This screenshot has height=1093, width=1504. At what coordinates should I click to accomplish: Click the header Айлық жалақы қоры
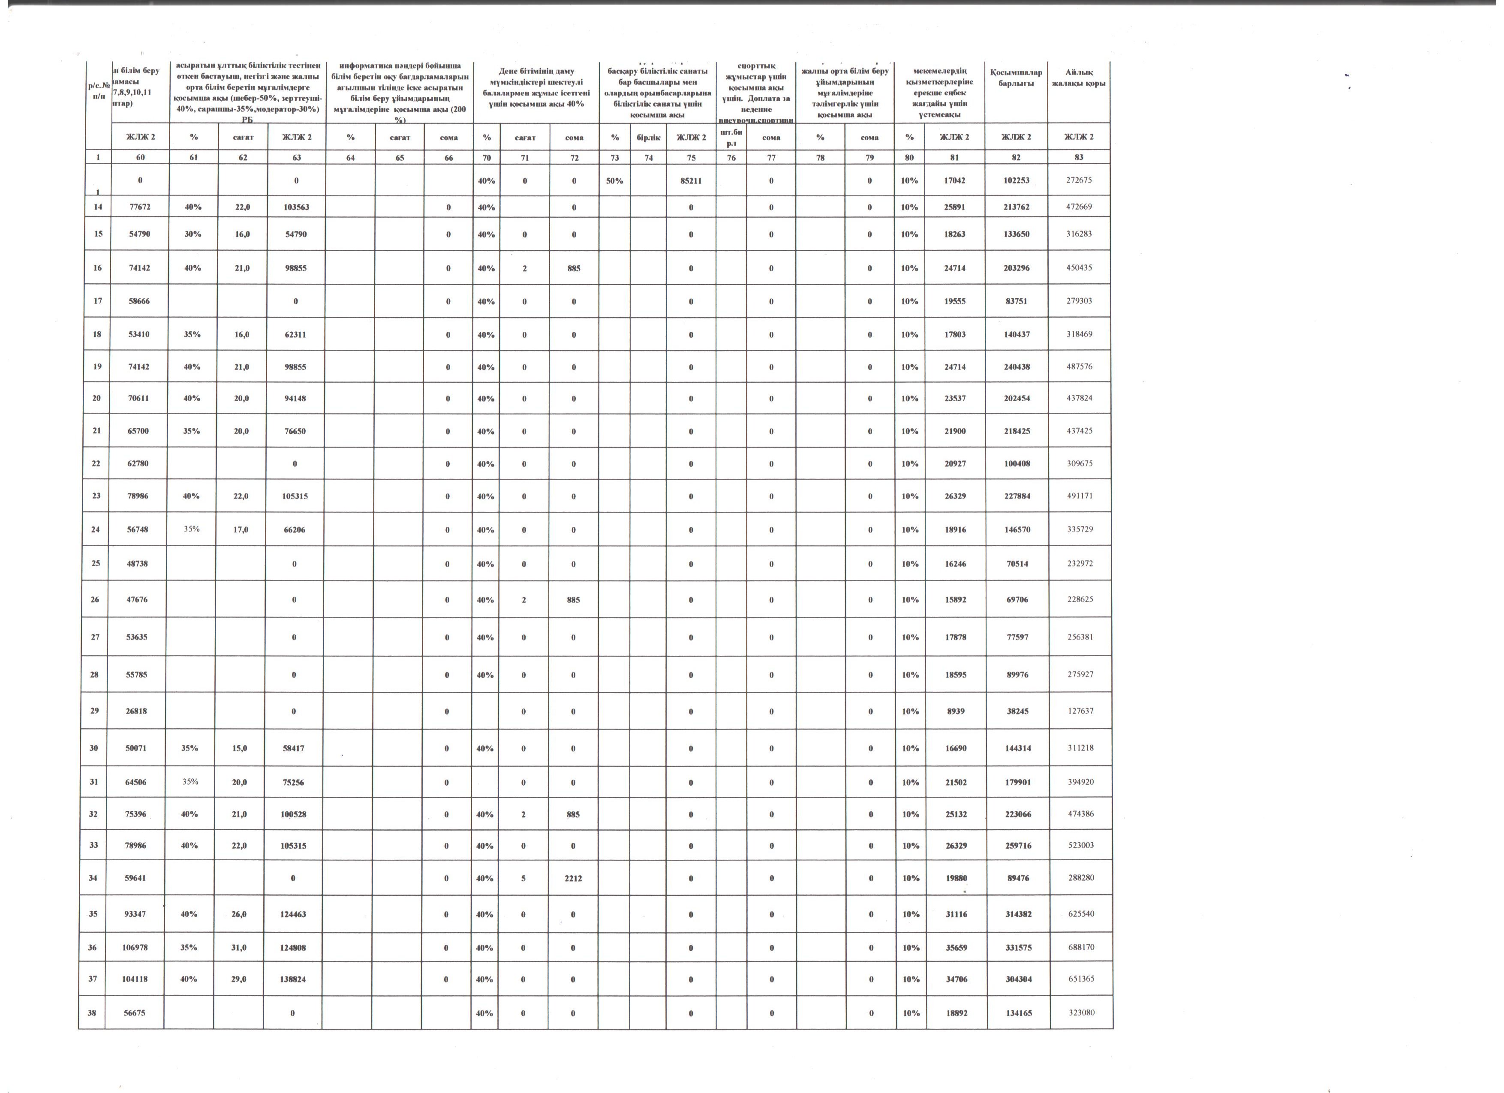1079,78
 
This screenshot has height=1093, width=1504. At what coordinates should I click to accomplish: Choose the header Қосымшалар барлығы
1016,78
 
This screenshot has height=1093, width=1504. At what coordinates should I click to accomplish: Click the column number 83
1079,157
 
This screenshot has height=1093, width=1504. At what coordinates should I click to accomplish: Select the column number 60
141,157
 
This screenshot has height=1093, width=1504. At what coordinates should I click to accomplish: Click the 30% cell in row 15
193,234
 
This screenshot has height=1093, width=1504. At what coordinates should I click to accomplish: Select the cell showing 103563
296,207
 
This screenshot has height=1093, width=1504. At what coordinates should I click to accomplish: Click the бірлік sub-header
647,137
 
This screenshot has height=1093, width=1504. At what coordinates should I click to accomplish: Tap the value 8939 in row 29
955,711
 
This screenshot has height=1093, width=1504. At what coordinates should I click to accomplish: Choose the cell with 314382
1018,914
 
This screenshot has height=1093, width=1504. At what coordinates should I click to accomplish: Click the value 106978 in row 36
135,948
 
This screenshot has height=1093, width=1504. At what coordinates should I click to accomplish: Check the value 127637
1080,711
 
